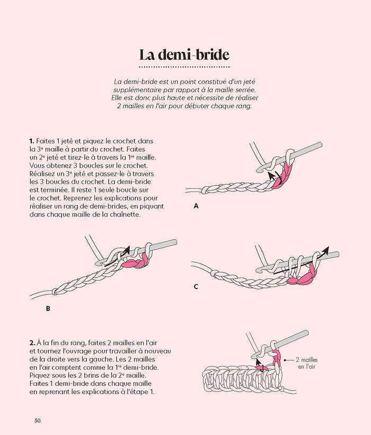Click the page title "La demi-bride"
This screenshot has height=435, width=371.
[185, 55]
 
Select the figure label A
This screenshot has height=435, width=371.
[196, 206]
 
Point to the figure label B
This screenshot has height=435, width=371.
[48, 307]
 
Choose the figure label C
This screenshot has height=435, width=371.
[196, 286]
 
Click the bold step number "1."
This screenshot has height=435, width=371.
[32, 142]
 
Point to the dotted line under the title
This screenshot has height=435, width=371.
[185, 67]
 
